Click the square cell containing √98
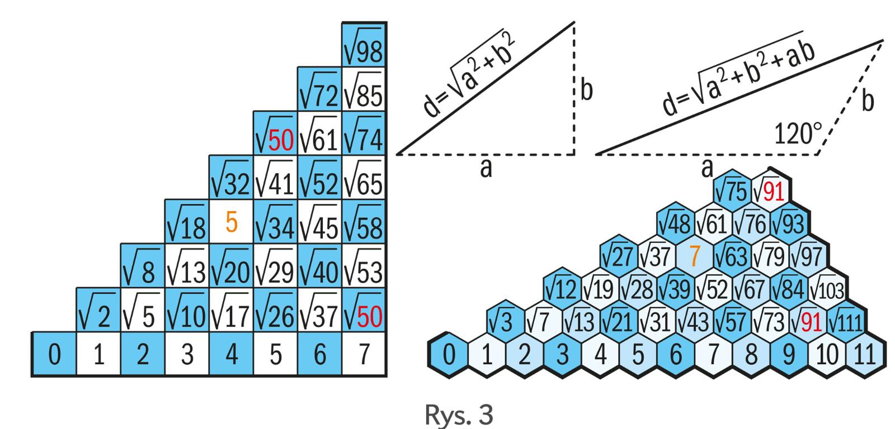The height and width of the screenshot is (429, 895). click(x=364, y=45)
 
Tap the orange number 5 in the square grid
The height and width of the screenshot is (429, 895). click(x=232, y=223)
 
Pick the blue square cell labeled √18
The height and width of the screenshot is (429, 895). click(x=187, y=223)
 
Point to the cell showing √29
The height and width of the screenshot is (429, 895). click(x=275, y=267)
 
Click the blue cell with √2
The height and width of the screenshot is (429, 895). click(x=98, y=311)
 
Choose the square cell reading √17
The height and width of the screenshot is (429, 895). click(x=231, y=311)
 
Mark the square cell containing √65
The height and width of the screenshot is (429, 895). click(x=364, y=178)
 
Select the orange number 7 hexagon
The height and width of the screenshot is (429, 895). click(x=694, y=256)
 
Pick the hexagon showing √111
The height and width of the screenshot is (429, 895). click(x=846, y=322)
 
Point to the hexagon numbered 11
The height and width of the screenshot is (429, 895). click(x=865, y=356)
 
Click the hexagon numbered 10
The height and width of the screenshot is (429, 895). click(x=827, y=356)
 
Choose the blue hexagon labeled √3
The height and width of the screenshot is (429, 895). click(x=505, y=322)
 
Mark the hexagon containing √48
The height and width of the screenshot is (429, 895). click(x=675, y=224)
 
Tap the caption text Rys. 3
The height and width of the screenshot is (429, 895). click(x=459, y=415)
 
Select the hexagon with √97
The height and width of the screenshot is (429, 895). click(x=808, y=256)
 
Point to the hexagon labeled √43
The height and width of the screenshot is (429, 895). click(x=694, y=322)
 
